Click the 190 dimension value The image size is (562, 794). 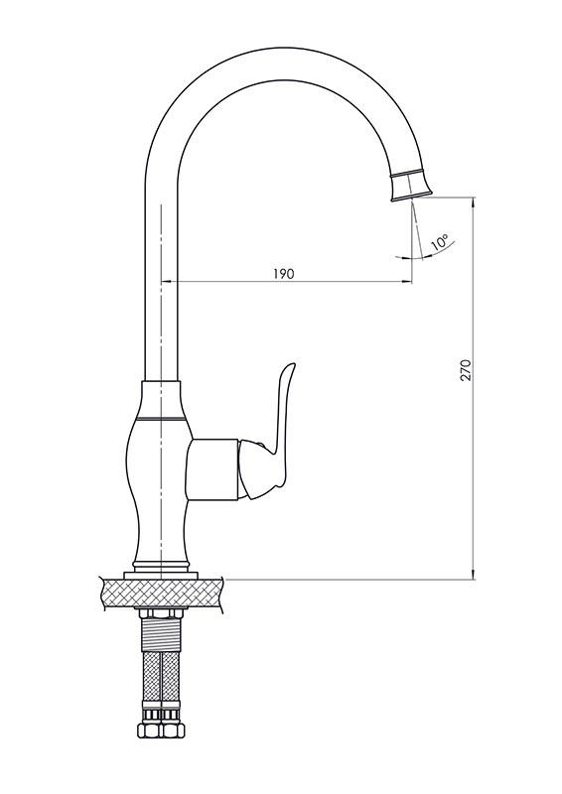283,274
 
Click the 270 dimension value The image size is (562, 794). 466,370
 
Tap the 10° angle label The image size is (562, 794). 439,242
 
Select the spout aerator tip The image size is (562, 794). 411,184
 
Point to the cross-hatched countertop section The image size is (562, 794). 162,594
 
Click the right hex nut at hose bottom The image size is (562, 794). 173,730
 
